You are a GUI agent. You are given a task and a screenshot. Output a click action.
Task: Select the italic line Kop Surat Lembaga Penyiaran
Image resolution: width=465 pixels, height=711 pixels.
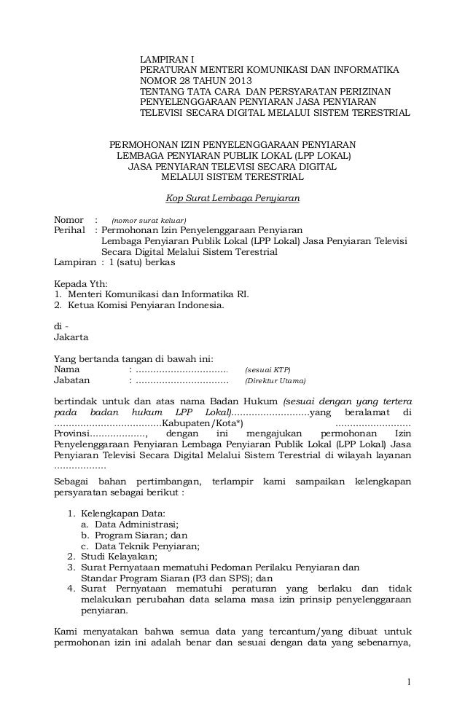click(233, 198)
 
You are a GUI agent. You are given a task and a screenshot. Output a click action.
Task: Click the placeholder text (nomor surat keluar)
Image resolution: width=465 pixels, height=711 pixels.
click(148, 221)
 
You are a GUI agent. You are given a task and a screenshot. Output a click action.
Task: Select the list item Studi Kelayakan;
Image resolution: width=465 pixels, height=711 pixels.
click(120, 556)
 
